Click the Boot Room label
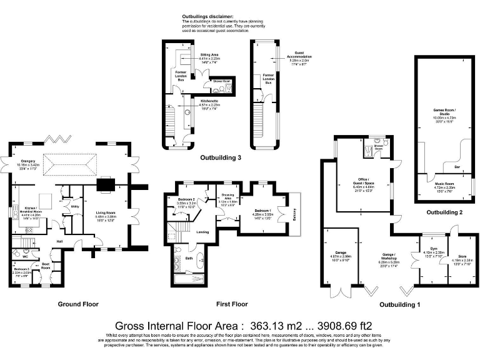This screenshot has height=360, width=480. [46, 266]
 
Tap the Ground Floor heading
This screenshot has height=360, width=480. [78, 304]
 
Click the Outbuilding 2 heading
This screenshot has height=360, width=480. [444, 212]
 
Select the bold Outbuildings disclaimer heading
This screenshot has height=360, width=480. [207, 16]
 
